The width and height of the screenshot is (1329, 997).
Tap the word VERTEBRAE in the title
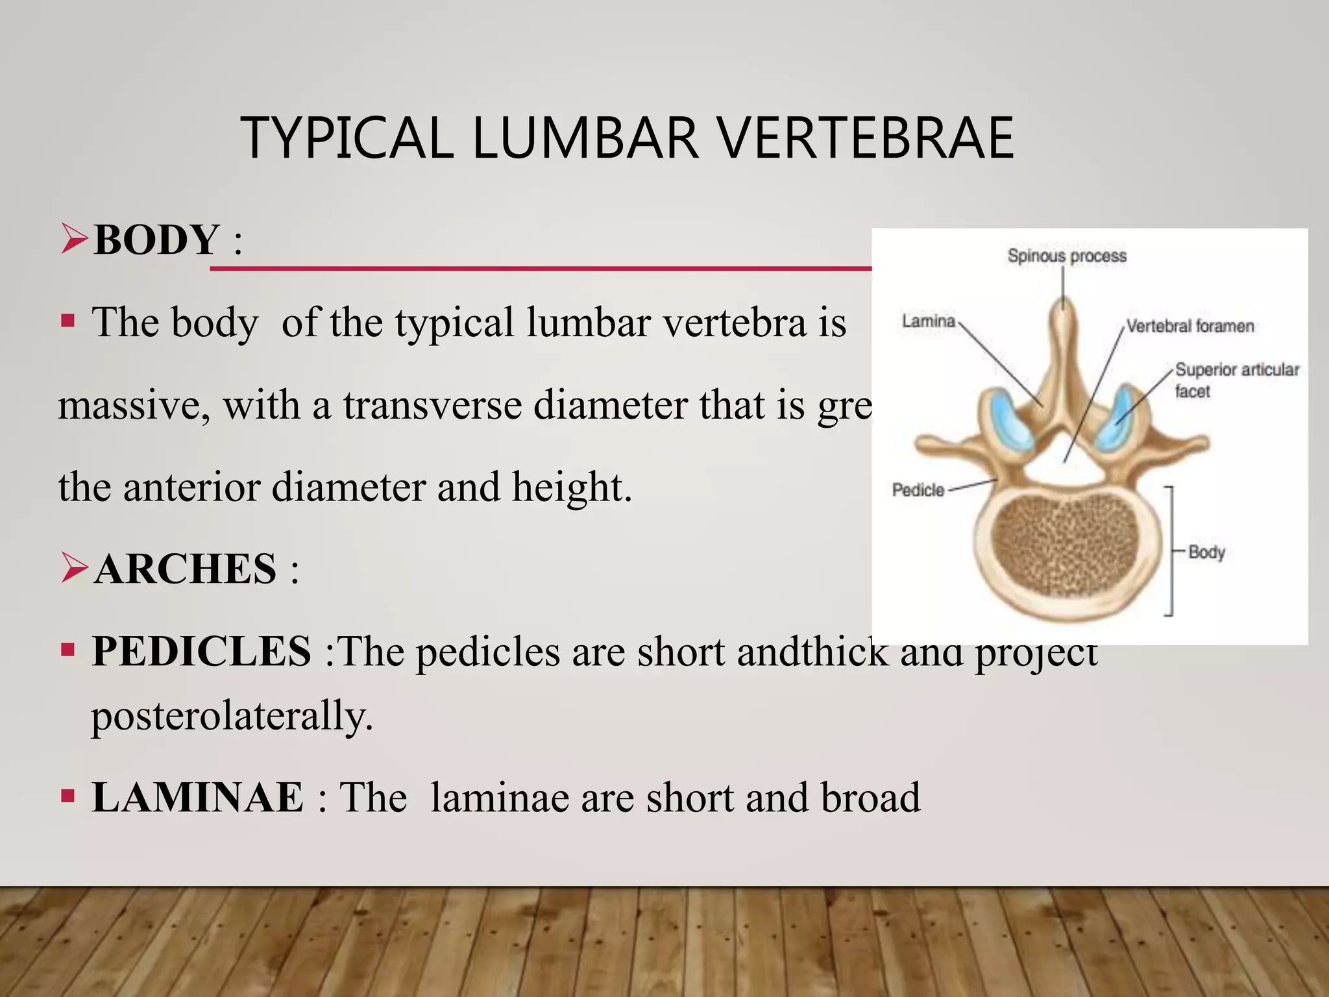(866, 138)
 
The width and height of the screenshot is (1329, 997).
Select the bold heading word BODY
(156, 240)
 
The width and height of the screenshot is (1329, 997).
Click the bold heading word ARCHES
(186, 569)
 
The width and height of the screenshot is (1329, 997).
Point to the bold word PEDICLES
(201, 651)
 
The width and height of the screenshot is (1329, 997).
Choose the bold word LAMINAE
(197, 797)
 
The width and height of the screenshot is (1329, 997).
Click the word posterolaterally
(232, 716)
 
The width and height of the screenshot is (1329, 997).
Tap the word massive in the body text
(134, 405)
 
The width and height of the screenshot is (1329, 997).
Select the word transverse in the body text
(432, 405)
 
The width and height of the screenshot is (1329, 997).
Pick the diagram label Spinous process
(1067, 256)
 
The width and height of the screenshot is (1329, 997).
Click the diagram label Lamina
(929, 321)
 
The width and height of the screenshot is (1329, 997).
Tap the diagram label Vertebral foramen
(1189, 326)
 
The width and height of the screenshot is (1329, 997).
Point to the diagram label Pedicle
(918, 490)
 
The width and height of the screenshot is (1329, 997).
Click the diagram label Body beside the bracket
(1206, 552)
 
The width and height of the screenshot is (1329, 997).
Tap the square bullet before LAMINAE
(67, 796)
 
